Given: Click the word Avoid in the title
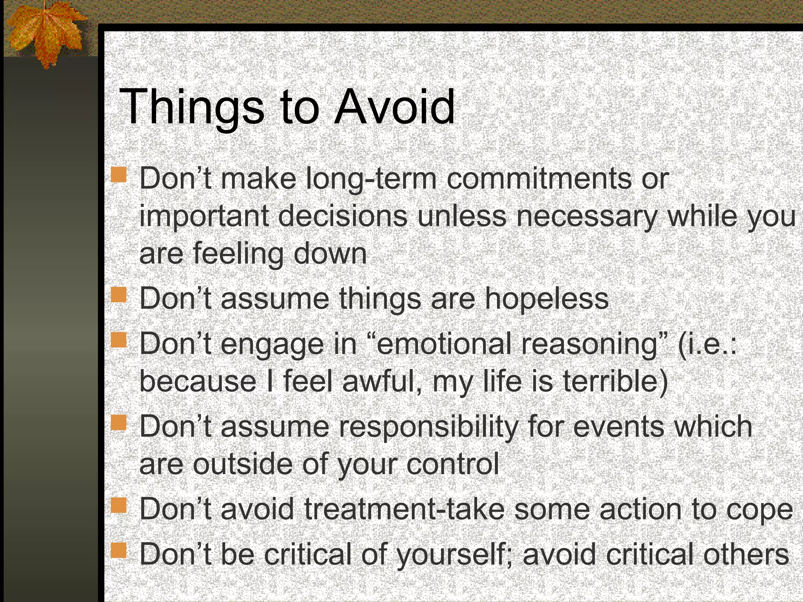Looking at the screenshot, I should pos(394,107).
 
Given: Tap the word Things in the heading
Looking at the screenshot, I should pos(192,107).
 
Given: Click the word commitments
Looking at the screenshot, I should pos(539,179).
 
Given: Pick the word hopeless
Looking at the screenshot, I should pos(547,299).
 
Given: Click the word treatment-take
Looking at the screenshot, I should pos(404,509).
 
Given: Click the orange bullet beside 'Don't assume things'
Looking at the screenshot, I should pos(118,295).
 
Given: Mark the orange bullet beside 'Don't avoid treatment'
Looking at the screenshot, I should pos(118,505).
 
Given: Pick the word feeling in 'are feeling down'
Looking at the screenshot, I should pos(238,254).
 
